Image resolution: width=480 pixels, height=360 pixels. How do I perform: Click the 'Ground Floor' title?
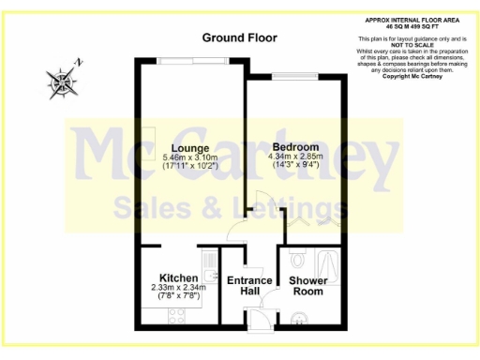tap(239, 37)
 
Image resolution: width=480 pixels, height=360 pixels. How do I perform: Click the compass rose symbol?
tap(65, 82)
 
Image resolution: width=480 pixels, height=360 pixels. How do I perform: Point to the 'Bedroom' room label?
tap(295, 148)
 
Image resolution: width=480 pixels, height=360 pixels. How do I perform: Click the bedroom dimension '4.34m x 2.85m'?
tap(295, 157)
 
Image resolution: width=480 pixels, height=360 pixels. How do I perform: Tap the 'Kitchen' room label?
tap(178, 278)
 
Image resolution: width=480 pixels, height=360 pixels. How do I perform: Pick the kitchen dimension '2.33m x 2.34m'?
tap(178, 288)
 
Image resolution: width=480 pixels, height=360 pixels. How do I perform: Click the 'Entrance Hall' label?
tap(250, 286)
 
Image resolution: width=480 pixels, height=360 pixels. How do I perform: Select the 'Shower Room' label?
tap(307, 286)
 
